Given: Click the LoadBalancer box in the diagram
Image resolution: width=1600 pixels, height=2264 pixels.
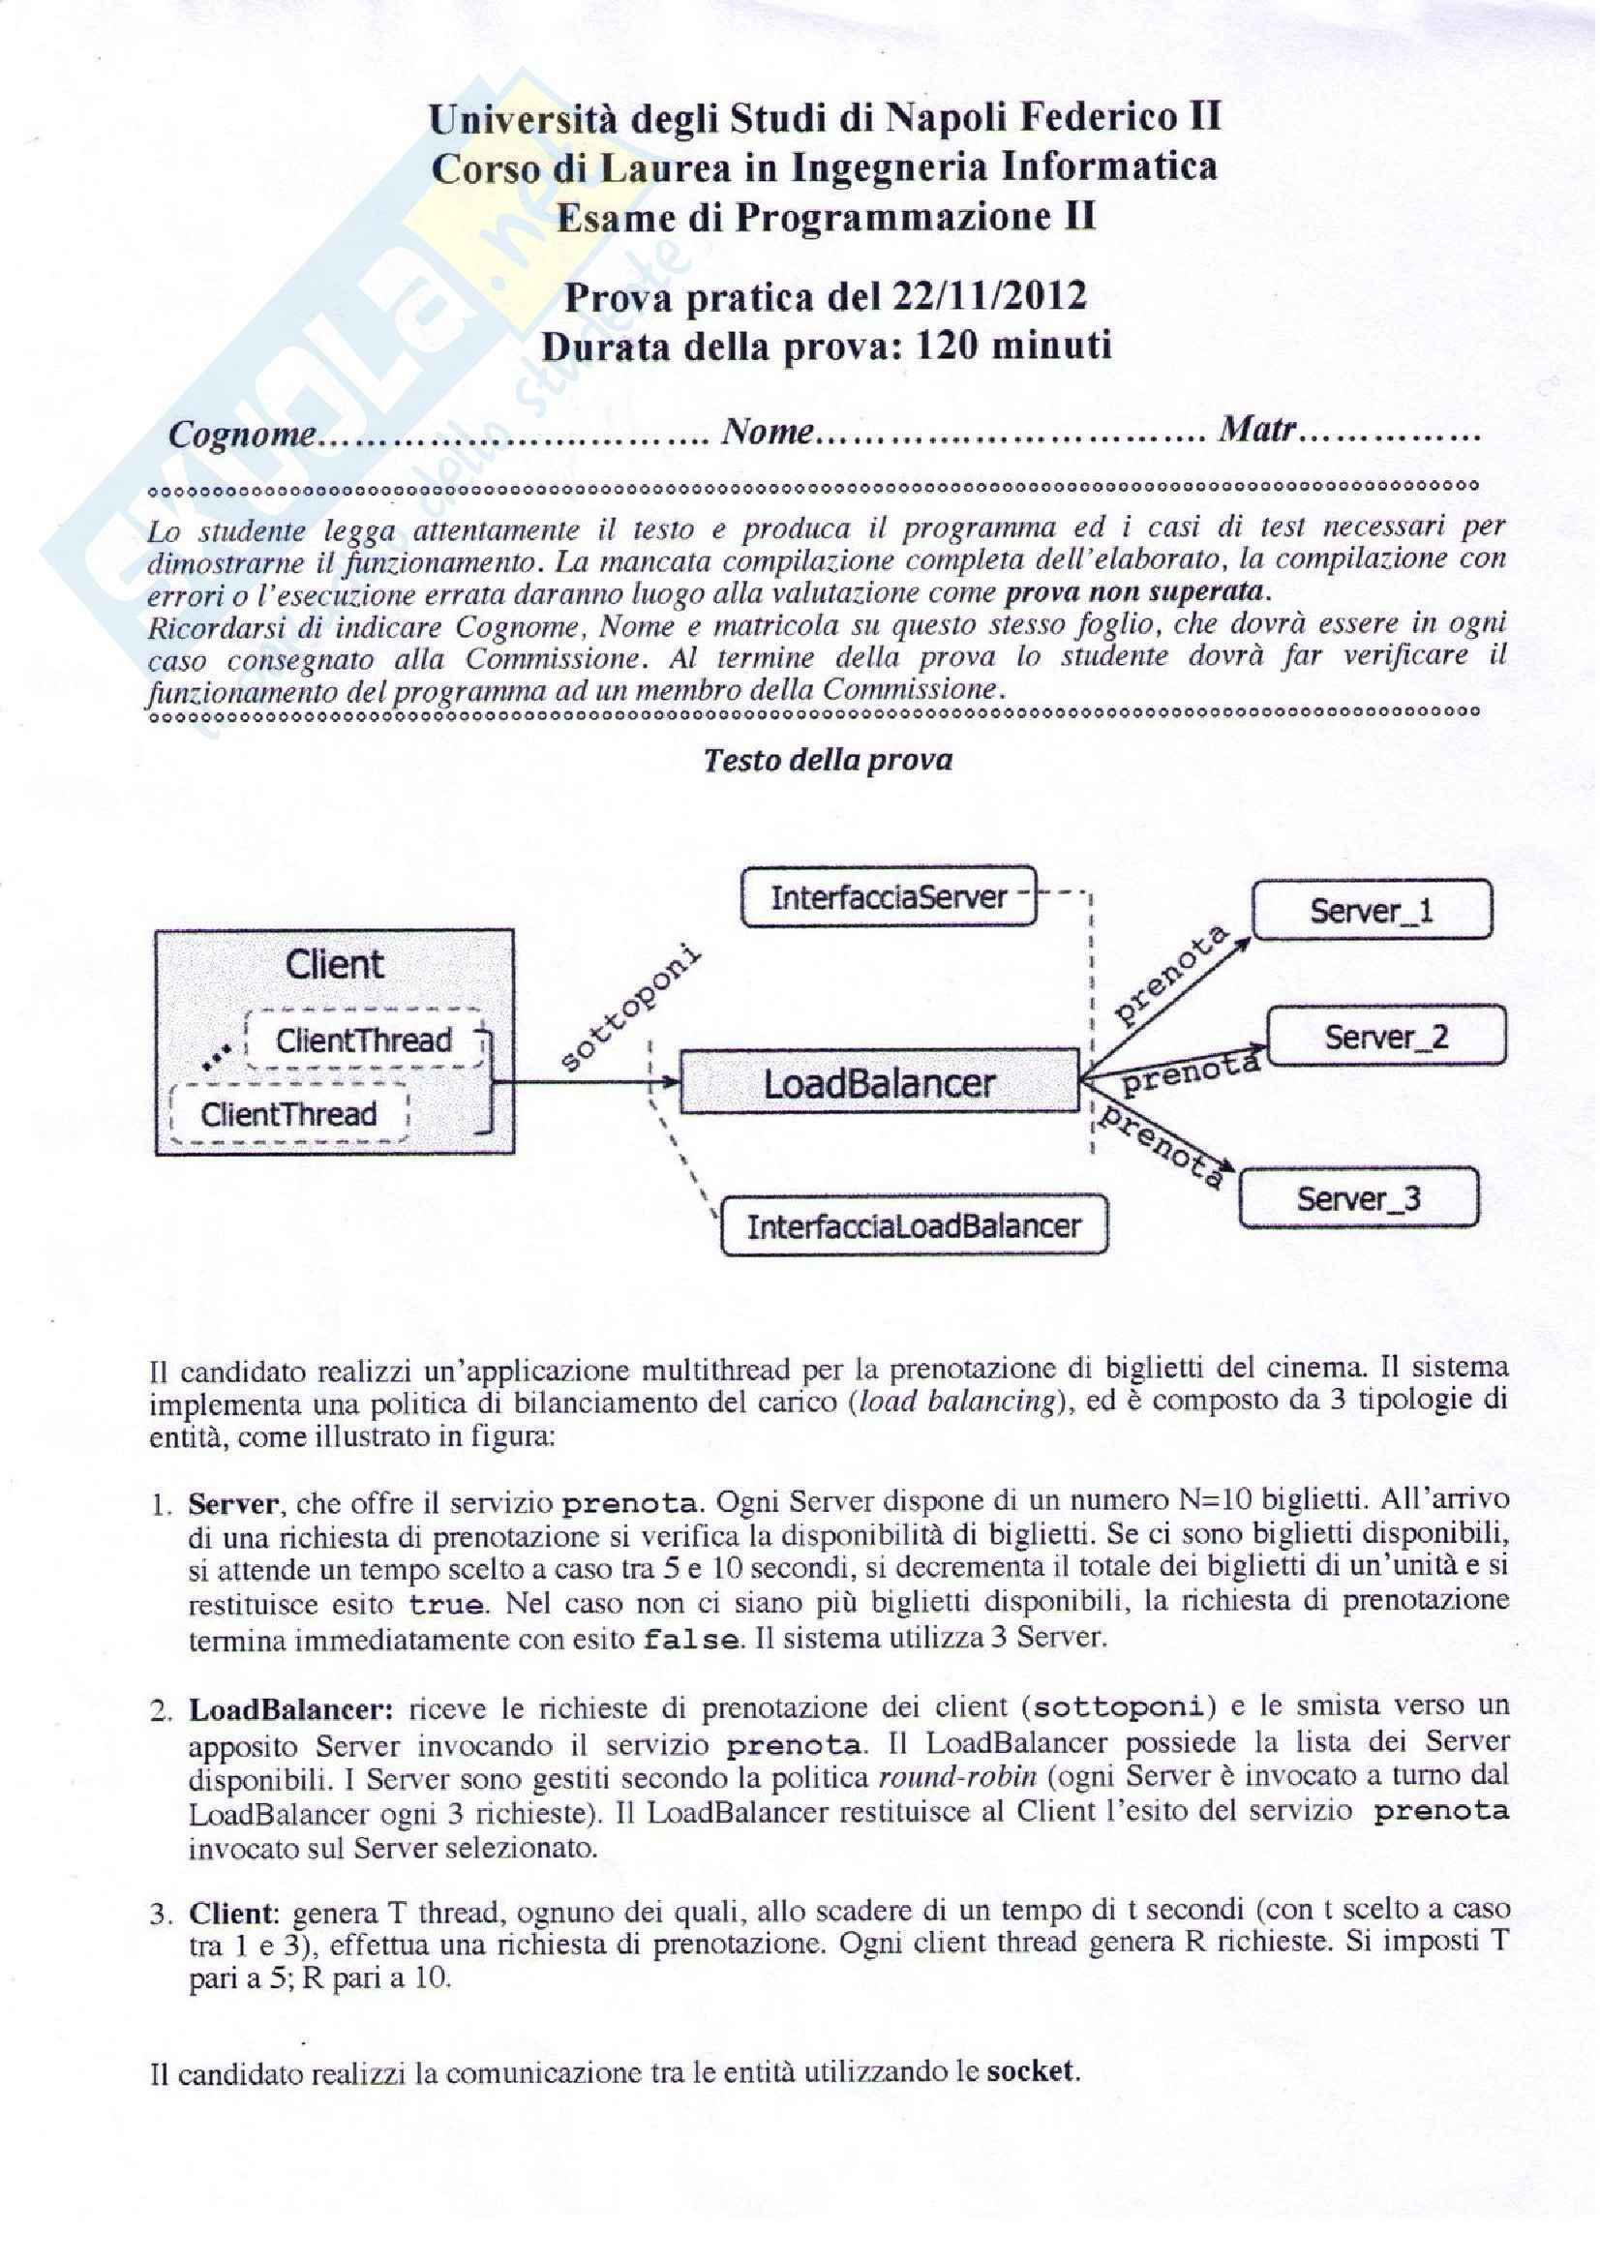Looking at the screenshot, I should pos(879,1083).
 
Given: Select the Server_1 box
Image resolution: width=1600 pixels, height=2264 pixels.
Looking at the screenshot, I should pos(1372,911).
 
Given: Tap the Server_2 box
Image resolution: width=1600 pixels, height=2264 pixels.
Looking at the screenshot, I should pos(1385,1037).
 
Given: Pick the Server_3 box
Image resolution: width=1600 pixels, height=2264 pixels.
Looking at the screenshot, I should pos(1357,1198).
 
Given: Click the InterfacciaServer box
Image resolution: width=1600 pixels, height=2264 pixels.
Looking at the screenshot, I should pos(889,897).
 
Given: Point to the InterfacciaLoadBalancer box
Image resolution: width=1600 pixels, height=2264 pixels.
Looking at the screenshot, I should pos(914,1225).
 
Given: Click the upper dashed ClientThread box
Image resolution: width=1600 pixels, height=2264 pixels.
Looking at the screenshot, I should pos(364,1041).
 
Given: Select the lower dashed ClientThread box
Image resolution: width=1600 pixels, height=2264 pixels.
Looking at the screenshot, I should pos(288,1114).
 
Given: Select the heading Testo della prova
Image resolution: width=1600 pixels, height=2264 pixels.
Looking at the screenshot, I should pos(829,760).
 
